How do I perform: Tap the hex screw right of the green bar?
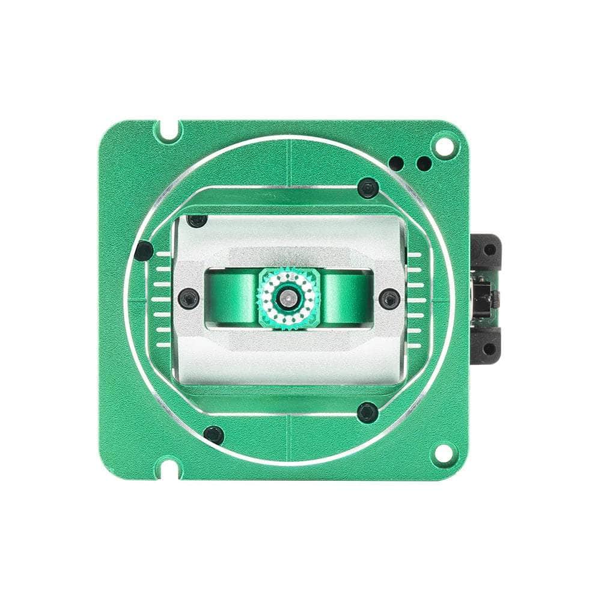390,297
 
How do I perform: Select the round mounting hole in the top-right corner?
445,145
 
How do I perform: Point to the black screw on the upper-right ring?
367,189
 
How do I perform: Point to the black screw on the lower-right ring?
367,412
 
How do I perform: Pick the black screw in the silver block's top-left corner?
196,221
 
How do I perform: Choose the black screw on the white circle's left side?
142,251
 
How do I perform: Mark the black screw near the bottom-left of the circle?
213,433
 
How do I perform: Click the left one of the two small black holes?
397,162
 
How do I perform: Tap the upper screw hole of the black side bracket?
490,249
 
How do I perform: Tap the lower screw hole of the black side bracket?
490,349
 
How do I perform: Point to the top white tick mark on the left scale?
163,255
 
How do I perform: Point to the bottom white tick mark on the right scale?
414,344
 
